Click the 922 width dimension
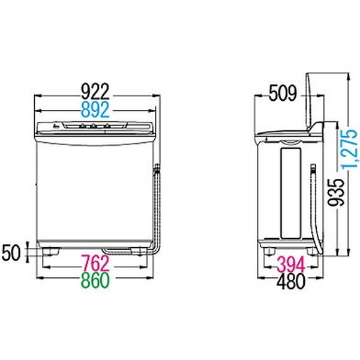point(95,91)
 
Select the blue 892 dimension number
point(95,110)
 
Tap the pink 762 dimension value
point(95,263)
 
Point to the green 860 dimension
point(95,280)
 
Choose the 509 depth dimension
point(283,93)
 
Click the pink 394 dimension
point(291,265)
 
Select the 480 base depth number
point(291,281)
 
